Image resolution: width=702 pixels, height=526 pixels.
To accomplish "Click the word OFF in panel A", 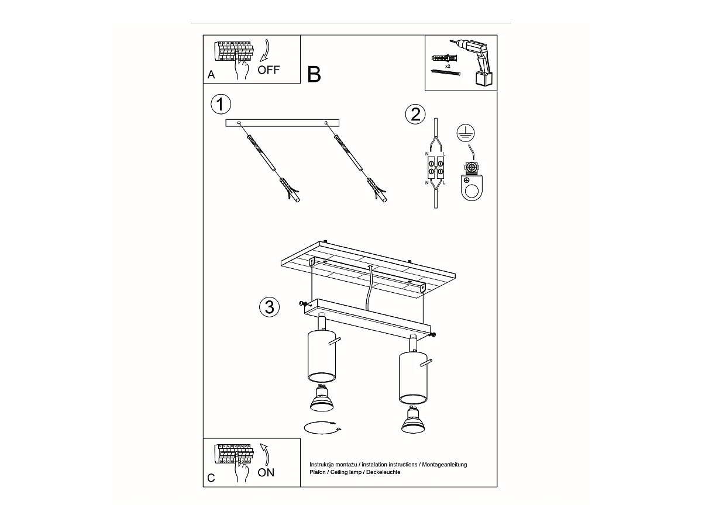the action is click(269, 70).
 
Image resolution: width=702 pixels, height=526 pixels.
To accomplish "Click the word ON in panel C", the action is click(266, 472).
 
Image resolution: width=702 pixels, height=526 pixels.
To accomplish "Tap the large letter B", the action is click(314, 74).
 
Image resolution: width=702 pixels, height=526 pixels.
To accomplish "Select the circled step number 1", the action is click(221, 104).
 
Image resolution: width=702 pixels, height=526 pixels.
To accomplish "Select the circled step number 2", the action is click(415, 114).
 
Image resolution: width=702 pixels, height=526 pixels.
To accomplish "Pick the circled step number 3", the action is click(269, 307).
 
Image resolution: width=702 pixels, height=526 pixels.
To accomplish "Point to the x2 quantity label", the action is click(448, 66).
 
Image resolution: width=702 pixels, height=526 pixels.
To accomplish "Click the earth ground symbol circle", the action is click(466, 133).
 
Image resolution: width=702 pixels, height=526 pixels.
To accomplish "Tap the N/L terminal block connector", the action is click(436, 168).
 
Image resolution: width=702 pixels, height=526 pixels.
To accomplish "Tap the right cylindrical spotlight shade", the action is click(413, 378).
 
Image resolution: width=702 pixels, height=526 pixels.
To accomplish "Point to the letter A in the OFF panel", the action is click(211, 75).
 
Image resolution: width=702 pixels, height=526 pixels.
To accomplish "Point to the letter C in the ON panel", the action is click(211, 478).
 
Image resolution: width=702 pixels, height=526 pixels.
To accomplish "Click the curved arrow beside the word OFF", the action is click(266, 51).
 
